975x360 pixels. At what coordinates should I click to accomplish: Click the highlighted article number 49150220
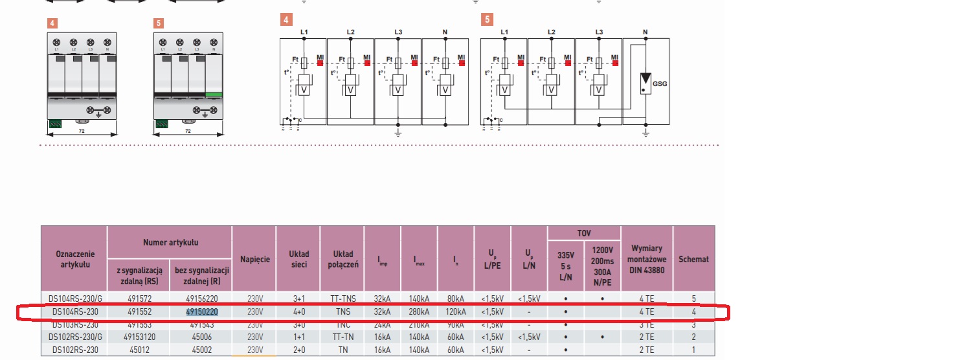(x=202, y=311)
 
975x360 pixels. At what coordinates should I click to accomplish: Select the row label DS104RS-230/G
(x=74, y=298)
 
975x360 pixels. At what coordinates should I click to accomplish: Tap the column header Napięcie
(x=254, y=259)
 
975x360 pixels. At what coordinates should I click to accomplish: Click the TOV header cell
(x=583, y=232)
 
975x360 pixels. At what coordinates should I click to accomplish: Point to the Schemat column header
(x=693, y=259)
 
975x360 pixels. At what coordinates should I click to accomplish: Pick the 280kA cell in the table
(x=420, y=311)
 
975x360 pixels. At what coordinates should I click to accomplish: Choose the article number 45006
(x=202, y=337)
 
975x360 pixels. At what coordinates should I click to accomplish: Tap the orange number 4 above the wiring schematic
(x=286, y=20)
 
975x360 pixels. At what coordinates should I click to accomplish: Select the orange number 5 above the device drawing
(x=159, y=23)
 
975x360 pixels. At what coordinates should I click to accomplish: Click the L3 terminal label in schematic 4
(x=398, y=32)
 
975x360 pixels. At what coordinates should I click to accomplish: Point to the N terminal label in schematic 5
(x=645, y=32)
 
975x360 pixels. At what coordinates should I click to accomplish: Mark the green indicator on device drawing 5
(x=213, y=95)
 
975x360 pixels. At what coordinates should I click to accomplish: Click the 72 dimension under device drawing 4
(x=82, y=131)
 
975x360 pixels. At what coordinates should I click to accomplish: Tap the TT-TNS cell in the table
(x=342, y=298)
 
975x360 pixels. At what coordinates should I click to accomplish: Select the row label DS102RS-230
(x=74, y=350)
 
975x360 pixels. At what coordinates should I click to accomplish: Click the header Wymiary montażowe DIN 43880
(x=647, y=259)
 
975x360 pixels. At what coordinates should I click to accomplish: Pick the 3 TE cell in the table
(x=646, y=324)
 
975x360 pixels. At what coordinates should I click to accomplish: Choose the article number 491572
(x=140, y=298)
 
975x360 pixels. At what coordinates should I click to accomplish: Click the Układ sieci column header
(x=298, y=259)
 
